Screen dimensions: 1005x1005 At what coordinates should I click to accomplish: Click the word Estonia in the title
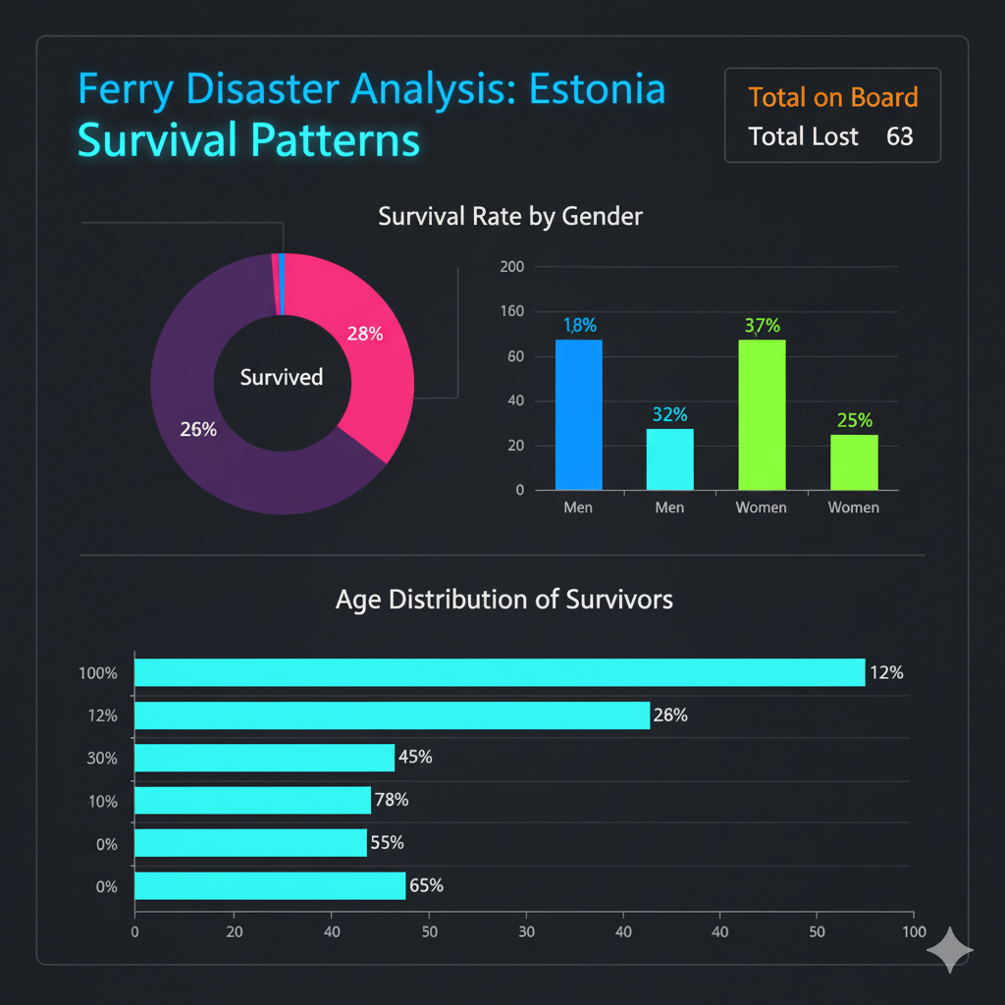click(x=597, y=90)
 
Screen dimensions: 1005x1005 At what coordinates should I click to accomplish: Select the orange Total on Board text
click(x=832, y=97)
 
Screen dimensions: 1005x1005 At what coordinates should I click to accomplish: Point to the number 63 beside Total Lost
click(x=899, y=136)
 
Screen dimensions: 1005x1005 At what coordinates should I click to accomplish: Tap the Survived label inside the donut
click(x=282, y=377)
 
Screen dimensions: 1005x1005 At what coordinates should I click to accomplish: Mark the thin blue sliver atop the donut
click(x=282, y=284)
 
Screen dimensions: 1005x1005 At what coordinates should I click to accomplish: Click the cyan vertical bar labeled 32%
click(x=669, y=459)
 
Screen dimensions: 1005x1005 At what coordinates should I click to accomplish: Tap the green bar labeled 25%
click(x=853, y=462)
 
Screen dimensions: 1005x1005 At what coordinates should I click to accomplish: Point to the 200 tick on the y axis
click(x=512, y=267)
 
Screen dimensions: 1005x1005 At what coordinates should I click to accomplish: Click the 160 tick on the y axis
click(x=512, y=312)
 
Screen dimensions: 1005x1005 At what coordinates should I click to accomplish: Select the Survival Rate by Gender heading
click(x=510, y=216)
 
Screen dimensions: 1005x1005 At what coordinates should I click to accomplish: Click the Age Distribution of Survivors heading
click(x=503, y=599)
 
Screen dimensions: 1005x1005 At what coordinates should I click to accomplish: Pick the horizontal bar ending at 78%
click(x=252, y=800)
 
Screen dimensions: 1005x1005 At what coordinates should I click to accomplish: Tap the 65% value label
click(x=426, y=885)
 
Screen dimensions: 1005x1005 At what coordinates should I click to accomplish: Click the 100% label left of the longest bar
click(x=98, y=673)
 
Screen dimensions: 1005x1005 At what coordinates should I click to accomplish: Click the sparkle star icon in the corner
click(x=950, y=950)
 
